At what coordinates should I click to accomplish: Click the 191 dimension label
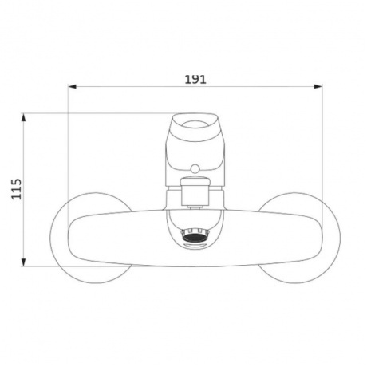click(x=195, y=79)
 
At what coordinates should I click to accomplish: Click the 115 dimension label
click(x=16, y=189)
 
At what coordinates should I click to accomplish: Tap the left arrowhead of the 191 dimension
click(x=73, y=86)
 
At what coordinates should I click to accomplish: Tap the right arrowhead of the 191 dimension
click(x=318, y=86)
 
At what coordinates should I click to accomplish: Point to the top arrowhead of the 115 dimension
click(x=24, y=117)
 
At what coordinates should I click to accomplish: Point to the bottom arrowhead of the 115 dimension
click(x=24, y=262)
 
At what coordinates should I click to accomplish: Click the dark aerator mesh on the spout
click(x=195, y=237)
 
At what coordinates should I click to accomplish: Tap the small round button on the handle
click(x=195, y=168)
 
